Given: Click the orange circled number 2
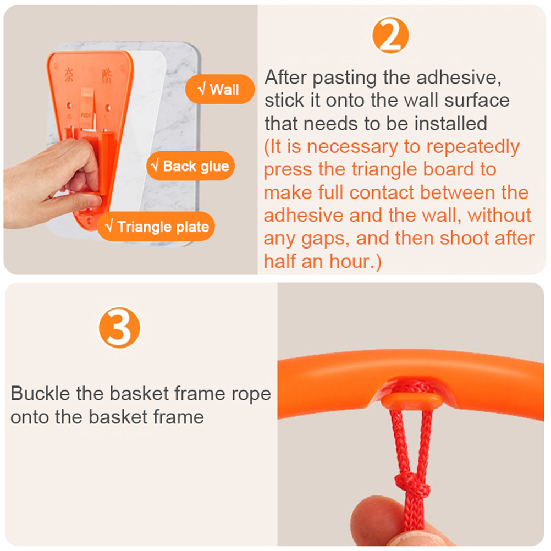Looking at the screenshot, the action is click(x=390, y=36).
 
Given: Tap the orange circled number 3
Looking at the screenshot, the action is click(x=119, y=328).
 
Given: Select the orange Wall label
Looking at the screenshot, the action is click(x=219, y=89).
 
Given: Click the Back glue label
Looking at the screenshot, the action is click(x=190, y=166).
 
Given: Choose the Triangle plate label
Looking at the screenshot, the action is click(x=156, y=227).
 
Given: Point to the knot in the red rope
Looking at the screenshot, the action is click(x=412, y=485).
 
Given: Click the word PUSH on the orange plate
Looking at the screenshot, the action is click(x=86, y=115).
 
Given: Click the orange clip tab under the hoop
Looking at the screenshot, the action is click(x=411, y=400).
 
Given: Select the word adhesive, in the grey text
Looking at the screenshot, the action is click(x=459, y=78).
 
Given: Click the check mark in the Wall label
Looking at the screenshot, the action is click(x=202, y=89).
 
